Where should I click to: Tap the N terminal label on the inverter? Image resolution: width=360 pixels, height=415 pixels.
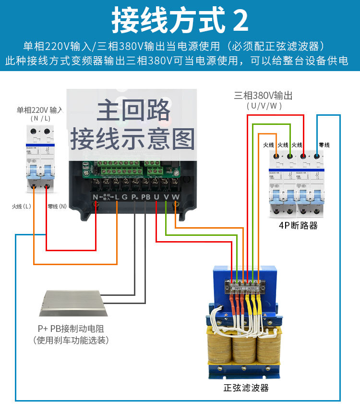(x=95, y=197)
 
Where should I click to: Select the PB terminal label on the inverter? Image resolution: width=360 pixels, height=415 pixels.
(x=145, y=197)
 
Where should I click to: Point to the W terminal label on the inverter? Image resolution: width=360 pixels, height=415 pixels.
(x=176, y=197)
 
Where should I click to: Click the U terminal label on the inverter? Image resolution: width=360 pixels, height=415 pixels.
(x=156, y=197)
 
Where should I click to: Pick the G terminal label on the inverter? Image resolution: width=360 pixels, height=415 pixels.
(x=124, y=197)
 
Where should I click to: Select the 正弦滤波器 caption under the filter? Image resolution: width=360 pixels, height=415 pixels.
(x=246, y=388)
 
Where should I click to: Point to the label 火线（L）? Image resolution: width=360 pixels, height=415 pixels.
(x=22, y=207)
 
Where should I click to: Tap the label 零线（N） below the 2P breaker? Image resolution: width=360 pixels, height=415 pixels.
(x=57, y=207)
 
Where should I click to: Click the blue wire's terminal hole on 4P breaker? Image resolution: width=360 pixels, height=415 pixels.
(x=317, y=156)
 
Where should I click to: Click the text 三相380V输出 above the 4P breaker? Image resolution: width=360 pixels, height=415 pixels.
(x=263, y=96)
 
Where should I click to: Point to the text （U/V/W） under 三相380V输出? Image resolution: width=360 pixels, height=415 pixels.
(x=264, y=106)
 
